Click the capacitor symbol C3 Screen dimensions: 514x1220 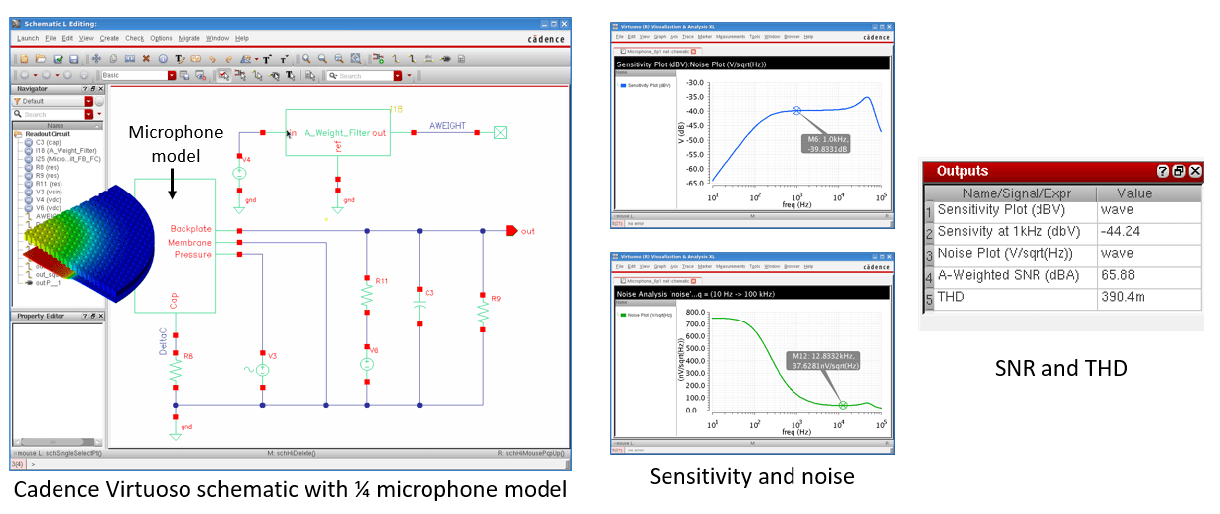pyautogui.click(x=419, y=308)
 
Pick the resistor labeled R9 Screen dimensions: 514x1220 pyautogui.click(x=483, y=311)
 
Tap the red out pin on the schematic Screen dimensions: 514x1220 pyautogui.click(x=511, y=231)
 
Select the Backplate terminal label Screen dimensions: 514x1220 pyautogui.click(x=191, y=229)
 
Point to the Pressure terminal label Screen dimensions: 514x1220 pyautogui.click(x=193, y=254)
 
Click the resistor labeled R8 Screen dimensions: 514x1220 pyautogui.click(x=176, y=369)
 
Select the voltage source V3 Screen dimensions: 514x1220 pyautogui.click(x=263, y=370)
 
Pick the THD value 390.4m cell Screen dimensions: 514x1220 pyautogui.click(x=1122, y=297)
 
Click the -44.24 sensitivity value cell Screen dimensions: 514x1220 pyautogui.click(x=1120, y=232)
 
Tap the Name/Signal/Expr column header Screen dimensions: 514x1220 pyautogui.click(x=1016, y=193)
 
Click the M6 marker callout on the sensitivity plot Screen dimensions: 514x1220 pyautogui.click(x=822, y=144)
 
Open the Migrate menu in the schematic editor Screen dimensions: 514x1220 pyautogui.click(x=189, y=38)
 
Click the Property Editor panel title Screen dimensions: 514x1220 pyautogui.click(x=42, y=316)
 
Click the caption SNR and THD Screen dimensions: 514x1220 pyautogui.click(x=1061, y=368)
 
